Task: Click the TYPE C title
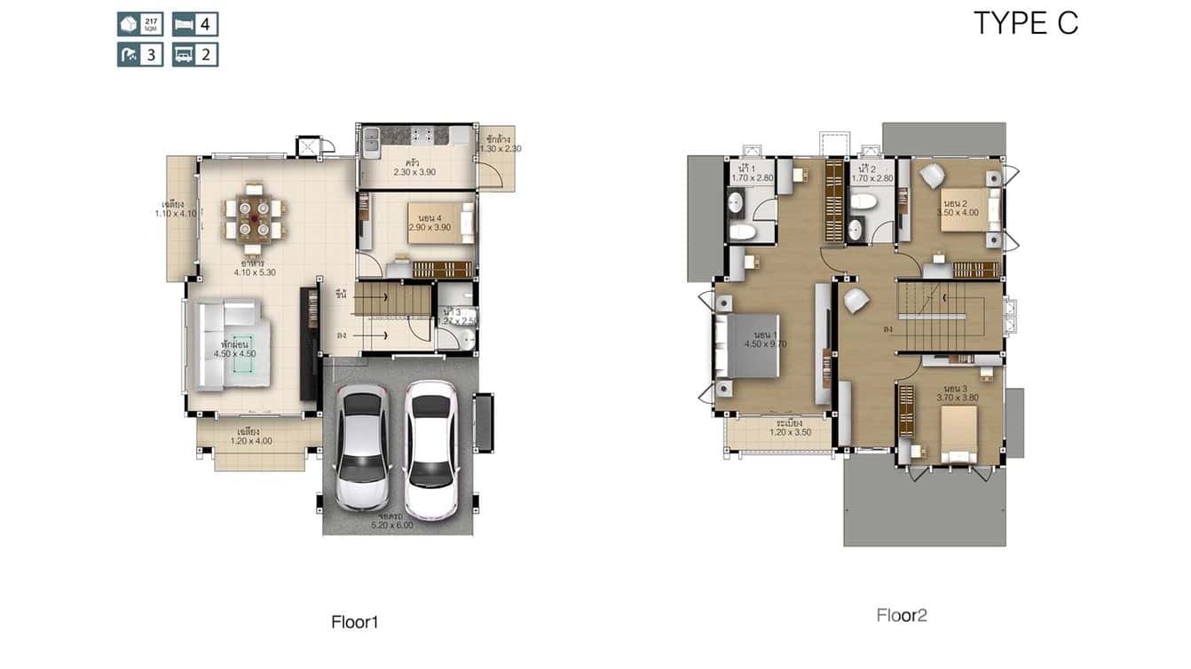tap(1026, 24)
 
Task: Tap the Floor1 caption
tap(355, 622)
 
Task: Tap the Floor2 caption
tap(902, 615)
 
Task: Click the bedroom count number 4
tap(205, 24)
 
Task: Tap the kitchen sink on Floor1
tap(371, 138)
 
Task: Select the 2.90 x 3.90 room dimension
tap(430, 227)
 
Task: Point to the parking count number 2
tap(205, 55)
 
